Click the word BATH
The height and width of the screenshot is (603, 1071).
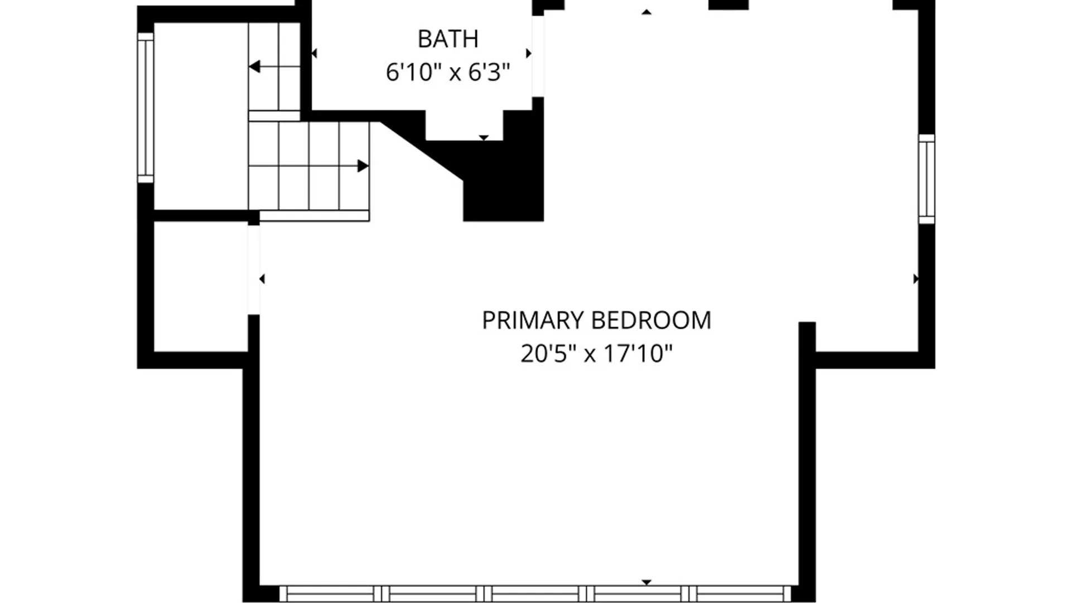[448, 39]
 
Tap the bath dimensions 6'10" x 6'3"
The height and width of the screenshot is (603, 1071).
[448, 73]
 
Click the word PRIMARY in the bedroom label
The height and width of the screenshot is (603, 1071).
[533, 320]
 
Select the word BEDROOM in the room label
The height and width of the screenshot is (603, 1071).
[651, 320]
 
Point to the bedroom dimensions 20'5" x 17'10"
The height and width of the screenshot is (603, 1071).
[596, 353]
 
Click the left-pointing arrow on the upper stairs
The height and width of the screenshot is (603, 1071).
[274, 67]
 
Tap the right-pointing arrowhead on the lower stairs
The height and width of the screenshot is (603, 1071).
[363, 166]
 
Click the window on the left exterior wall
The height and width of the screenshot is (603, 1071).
[146, 108]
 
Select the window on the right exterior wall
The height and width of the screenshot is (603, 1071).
[927, 179]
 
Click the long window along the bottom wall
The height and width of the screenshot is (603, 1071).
[535, 594]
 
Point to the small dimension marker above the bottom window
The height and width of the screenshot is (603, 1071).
[647, 582]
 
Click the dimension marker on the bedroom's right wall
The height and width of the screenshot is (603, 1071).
[915, 279]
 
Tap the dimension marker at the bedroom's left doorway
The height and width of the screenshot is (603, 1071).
[262, 279]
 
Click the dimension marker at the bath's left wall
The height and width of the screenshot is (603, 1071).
[314, 54]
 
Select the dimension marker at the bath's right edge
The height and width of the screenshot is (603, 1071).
[529, 54]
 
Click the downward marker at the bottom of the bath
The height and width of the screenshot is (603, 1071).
[484, 138]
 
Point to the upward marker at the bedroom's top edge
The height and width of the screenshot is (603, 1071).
[647, 12]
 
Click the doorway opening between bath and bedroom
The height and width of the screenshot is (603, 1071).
[538, 56]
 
